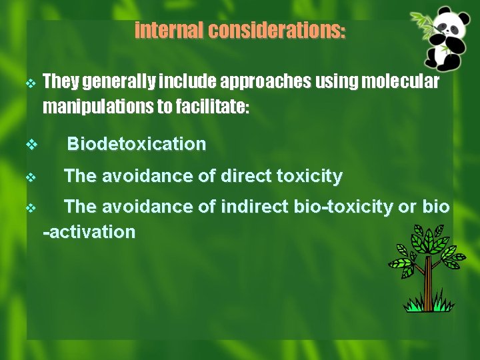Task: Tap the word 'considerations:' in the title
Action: (277, 31)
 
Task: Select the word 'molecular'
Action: (399, 81)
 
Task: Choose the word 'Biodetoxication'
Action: (137, 144)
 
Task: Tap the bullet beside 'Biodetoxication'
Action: (30, 144)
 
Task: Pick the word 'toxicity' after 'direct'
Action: (309, 177)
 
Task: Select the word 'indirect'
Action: (257, 207)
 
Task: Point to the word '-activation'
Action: (89, 232)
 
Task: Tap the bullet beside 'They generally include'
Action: (30, 83)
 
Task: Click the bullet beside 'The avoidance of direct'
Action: (30, 177)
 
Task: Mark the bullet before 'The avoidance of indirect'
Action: (30, 208)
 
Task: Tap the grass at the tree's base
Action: (429, 306)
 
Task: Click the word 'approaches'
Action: (265, 81)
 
